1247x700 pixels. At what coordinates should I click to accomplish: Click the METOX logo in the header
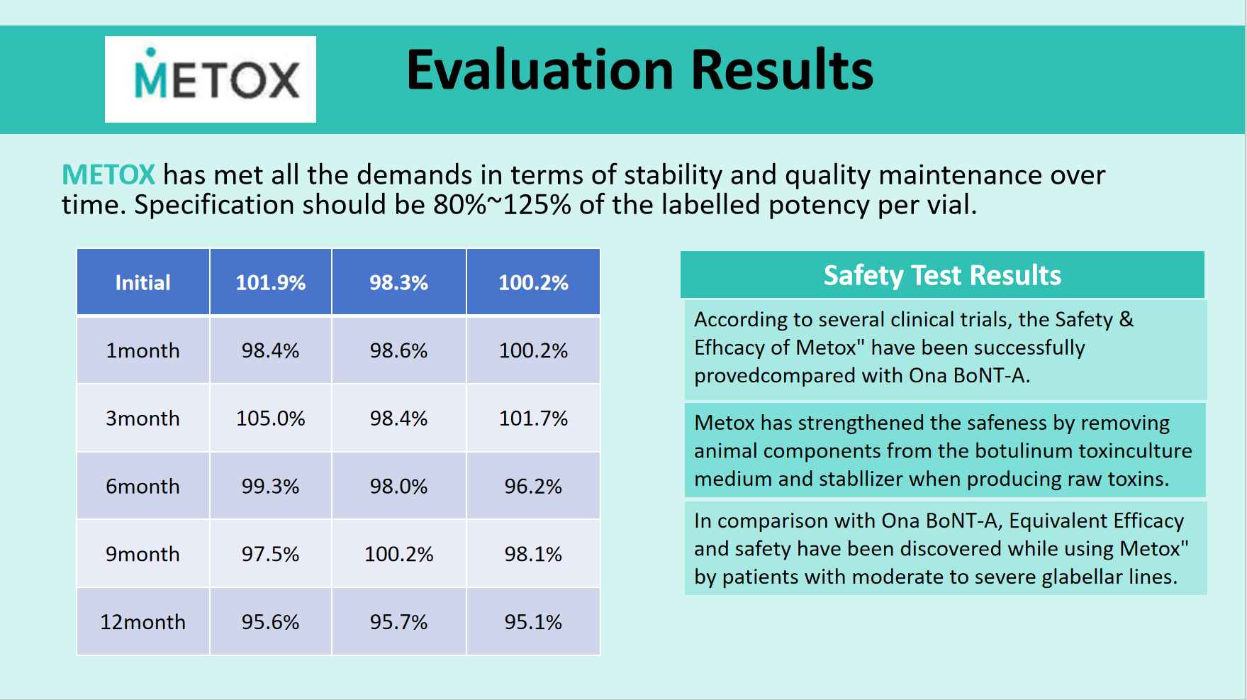pos(211,79)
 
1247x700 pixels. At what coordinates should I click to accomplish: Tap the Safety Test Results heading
pos(942,275)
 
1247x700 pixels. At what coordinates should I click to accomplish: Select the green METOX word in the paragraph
pos(108,174)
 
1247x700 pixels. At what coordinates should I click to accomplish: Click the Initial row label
pos(143,282)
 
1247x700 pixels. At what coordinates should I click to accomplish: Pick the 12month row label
pos(143,622)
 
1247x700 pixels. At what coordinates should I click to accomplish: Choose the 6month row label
pos(143,487)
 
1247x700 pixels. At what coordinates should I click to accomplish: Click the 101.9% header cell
pos(271,282)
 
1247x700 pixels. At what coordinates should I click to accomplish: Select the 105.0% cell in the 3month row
pos(271,418)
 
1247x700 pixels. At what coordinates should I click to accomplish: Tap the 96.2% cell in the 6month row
pos(533,487)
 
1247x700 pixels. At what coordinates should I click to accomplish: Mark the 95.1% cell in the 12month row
pos(533,622)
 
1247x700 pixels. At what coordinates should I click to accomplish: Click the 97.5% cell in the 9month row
pos(271,554)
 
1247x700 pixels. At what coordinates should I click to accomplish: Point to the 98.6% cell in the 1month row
pos(399,350)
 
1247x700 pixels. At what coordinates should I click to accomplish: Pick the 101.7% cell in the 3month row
pos(533,418)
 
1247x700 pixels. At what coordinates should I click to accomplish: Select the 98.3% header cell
pos(399,282)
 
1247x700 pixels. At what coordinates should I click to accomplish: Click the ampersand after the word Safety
pos(1126,319)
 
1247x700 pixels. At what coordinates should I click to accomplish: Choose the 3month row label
pos(143,418)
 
